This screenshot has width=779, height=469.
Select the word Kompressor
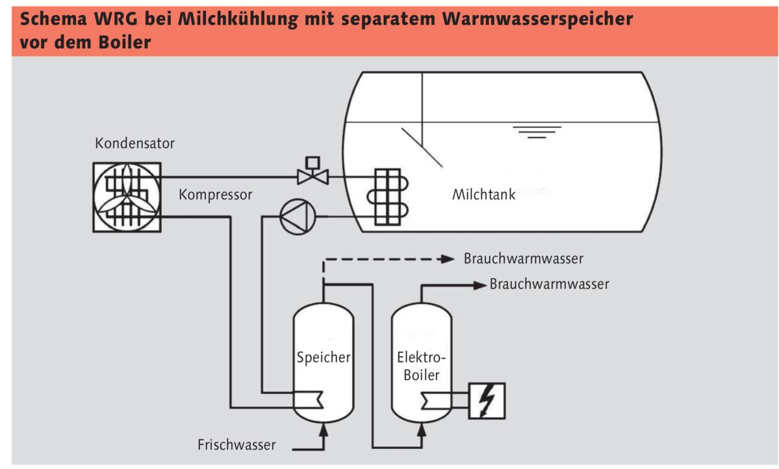point(214,194)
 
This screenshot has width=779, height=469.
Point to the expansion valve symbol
point(313,173)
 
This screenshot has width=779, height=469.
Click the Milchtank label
point(483,195)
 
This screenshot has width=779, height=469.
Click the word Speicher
point(323,357)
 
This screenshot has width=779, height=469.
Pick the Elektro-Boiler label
point(422,366)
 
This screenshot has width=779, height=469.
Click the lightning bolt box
point(486,401)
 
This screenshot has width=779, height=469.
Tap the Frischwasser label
point(236,445)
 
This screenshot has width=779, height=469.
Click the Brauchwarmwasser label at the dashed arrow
point(524,259)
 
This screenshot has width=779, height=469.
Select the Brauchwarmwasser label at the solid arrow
point(550,284)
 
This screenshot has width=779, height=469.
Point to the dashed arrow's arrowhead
point(447,259)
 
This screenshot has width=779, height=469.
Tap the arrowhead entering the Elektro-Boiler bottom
point(421,427)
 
